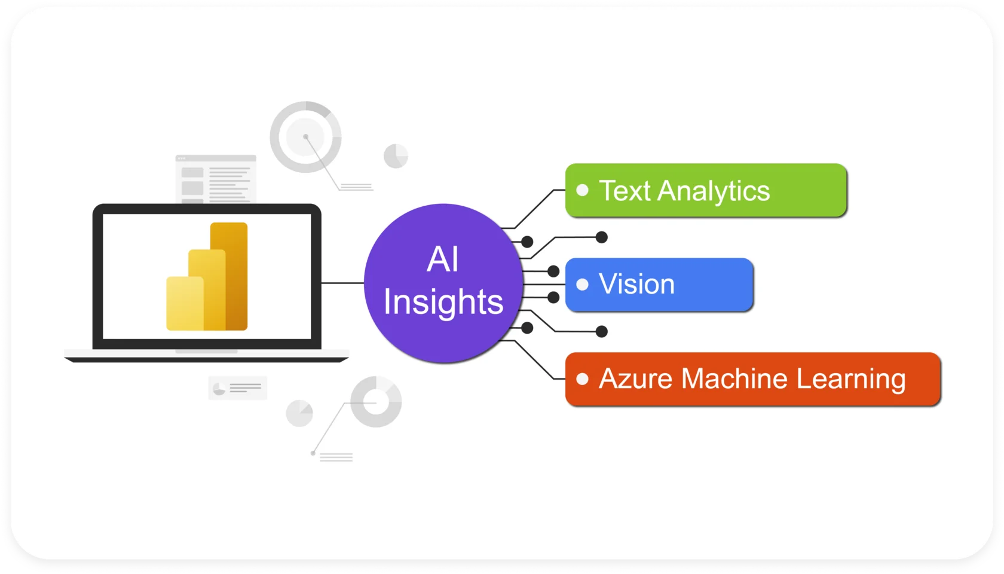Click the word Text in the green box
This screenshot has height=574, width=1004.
625,191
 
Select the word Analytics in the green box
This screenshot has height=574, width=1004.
714,191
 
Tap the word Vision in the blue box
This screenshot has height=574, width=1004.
636,284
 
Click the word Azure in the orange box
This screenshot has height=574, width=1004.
635,378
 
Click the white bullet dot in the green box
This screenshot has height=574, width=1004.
583,191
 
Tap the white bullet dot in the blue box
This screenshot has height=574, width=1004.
583,285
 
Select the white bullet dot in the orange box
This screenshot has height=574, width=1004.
583,379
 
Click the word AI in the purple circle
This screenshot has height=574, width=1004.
443,259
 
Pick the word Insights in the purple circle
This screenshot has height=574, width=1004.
443,301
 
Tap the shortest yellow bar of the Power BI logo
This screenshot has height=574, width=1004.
184,303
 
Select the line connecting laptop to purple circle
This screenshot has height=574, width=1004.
342,283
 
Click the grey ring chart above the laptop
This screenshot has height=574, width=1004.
305,137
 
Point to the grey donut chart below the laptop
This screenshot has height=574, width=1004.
376,402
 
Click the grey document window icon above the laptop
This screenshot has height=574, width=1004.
216,179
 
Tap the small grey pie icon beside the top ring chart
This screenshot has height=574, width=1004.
396,156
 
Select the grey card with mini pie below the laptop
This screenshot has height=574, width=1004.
237,388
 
